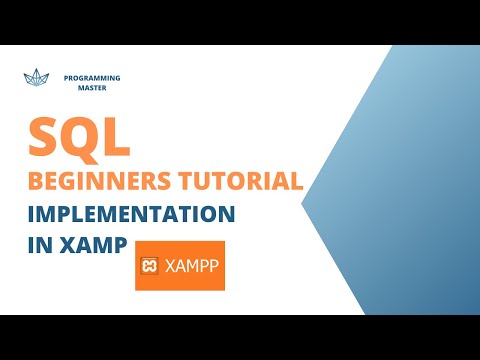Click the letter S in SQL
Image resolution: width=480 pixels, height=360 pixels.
(x=46, y=138)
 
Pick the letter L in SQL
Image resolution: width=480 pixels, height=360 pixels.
(x=118, y=138)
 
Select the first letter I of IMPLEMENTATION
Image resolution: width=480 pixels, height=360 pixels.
(x=30, y=214)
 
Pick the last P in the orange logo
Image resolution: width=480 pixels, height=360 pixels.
(x=215, y=266)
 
